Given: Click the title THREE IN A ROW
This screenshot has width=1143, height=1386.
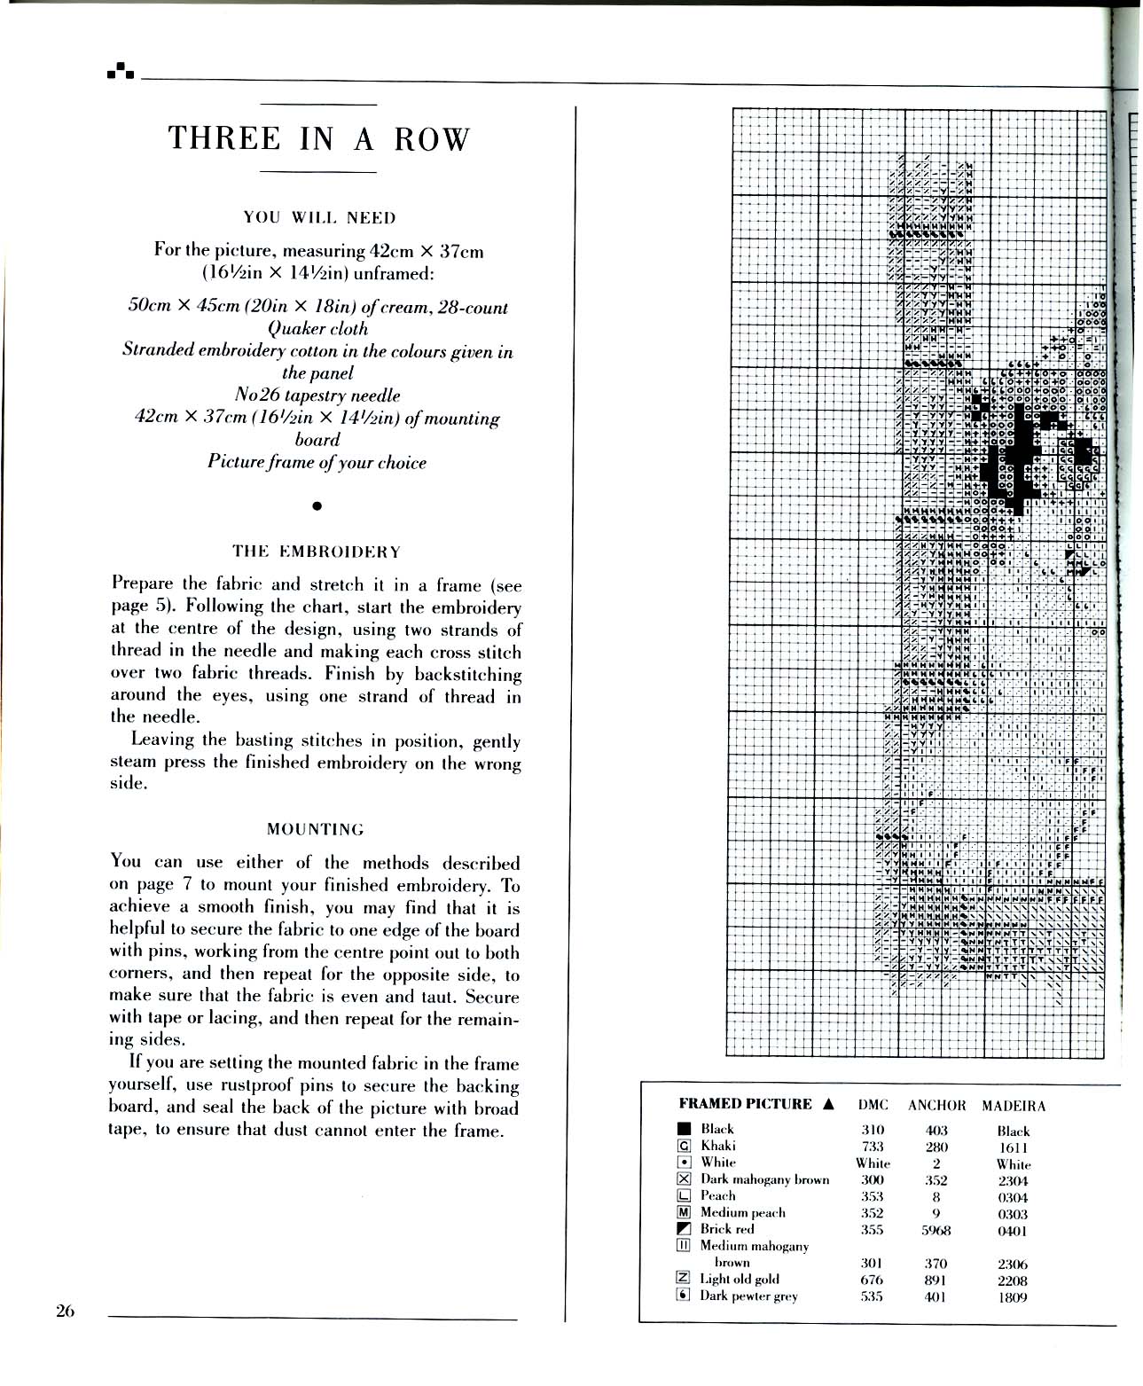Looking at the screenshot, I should (317, 139).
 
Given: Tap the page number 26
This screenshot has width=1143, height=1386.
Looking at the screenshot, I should (65, 1312).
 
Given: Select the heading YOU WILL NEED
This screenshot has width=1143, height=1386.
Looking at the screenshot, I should (319, 217).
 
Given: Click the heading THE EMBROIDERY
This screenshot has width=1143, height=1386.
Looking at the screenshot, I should (317, 552).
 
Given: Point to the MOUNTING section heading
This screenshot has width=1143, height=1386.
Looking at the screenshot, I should (316, 829).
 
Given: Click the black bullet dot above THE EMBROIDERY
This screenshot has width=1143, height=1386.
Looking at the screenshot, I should (317, 506).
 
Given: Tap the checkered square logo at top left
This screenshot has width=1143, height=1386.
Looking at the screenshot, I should (120, 71).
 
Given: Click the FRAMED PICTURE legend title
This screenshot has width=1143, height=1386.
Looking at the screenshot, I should (745, 1104).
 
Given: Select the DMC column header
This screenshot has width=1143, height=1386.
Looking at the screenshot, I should (873, 1106).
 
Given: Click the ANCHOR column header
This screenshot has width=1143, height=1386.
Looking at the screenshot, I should (936, 1106).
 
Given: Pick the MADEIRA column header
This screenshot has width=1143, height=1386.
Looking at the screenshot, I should (1014, 1106).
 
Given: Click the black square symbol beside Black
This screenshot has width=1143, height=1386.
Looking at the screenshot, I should (684, 1130).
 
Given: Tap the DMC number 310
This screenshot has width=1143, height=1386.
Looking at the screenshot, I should (873, 1131).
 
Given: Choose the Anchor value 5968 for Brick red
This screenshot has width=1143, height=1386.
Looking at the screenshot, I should (936, 1231).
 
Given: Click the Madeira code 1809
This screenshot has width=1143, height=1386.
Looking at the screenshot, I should (1013, 1297).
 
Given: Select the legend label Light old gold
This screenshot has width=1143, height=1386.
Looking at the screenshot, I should (740, 1279).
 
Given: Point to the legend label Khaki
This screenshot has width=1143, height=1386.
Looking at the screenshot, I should (717, 1146).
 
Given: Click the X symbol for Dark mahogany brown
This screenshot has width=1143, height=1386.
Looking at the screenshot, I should (684, 1179).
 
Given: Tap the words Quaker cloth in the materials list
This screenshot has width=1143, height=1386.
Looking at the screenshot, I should (317, 329).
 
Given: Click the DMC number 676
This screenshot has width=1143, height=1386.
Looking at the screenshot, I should (873, 1280).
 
